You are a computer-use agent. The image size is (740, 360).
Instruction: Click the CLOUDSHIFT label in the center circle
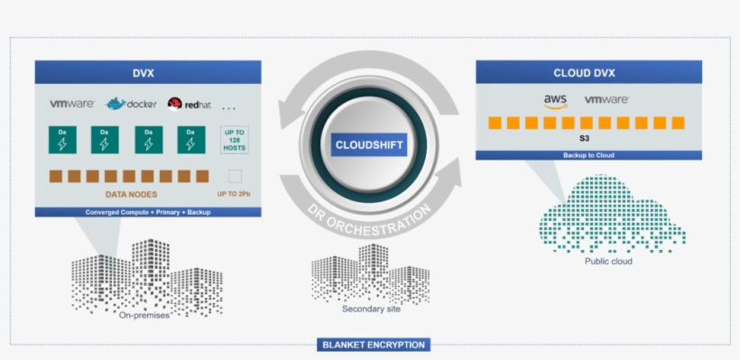point(370,144)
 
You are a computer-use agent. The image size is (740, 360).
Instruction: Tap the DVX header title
point(148,71)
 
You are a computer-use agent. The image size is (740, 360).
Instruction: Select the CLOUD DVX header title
point(588,72)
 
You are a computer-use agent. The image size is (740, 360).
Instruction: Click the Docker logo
point(132,104)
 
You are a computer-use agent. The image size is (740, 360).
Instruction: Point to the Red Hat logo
point(189,104)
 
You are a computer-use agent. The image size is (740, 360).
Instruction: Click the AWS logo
point(555,101)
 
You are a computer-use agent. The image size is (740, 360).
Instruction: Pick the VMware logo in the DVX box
point(71,104)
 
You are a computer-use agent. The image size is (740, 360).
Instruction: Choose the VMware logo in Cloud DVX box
point(606,100)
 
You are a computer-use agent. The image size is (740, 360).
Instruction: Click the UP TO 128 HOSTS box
point(235,140)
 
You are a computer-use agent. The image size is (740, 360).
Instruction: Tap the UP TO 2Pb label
point(235,194)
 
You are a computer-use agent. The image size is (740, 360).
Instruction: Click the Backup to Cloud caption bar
point(588,155)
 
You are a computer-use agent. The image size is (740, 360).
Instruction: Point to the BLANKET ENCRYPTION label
point(374,345)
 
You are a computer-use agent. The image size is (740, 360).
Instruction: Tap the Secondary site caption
point(370,309)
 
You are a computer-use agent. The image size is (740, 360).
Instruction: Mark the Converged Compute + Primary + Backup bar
point(148,212)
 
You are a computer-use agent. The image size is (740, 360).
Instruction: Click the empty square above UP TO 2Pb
point(236,176)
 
